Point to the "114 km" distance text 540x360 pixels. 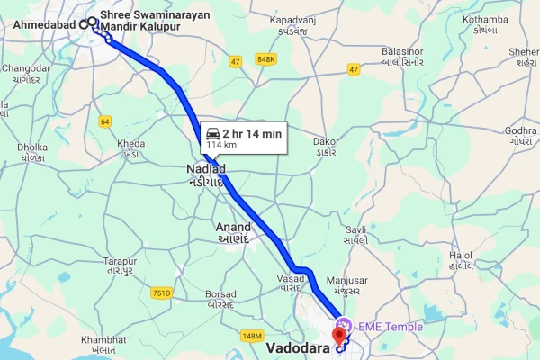click(223, 144)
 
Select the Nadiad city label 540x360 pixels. click(205, 168)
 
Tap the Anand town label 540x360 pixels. click(233, 227)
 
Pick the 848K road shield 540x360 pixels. click(265, 59)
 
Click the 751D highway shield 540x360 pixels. click(161, 292)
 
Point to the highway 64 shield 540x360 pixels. click(105, 121)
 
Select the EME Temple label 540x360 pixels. click(390, 326)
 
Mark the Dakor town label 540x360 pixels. click(325, 141)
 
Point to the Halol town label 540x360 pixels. click(461, 256)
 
